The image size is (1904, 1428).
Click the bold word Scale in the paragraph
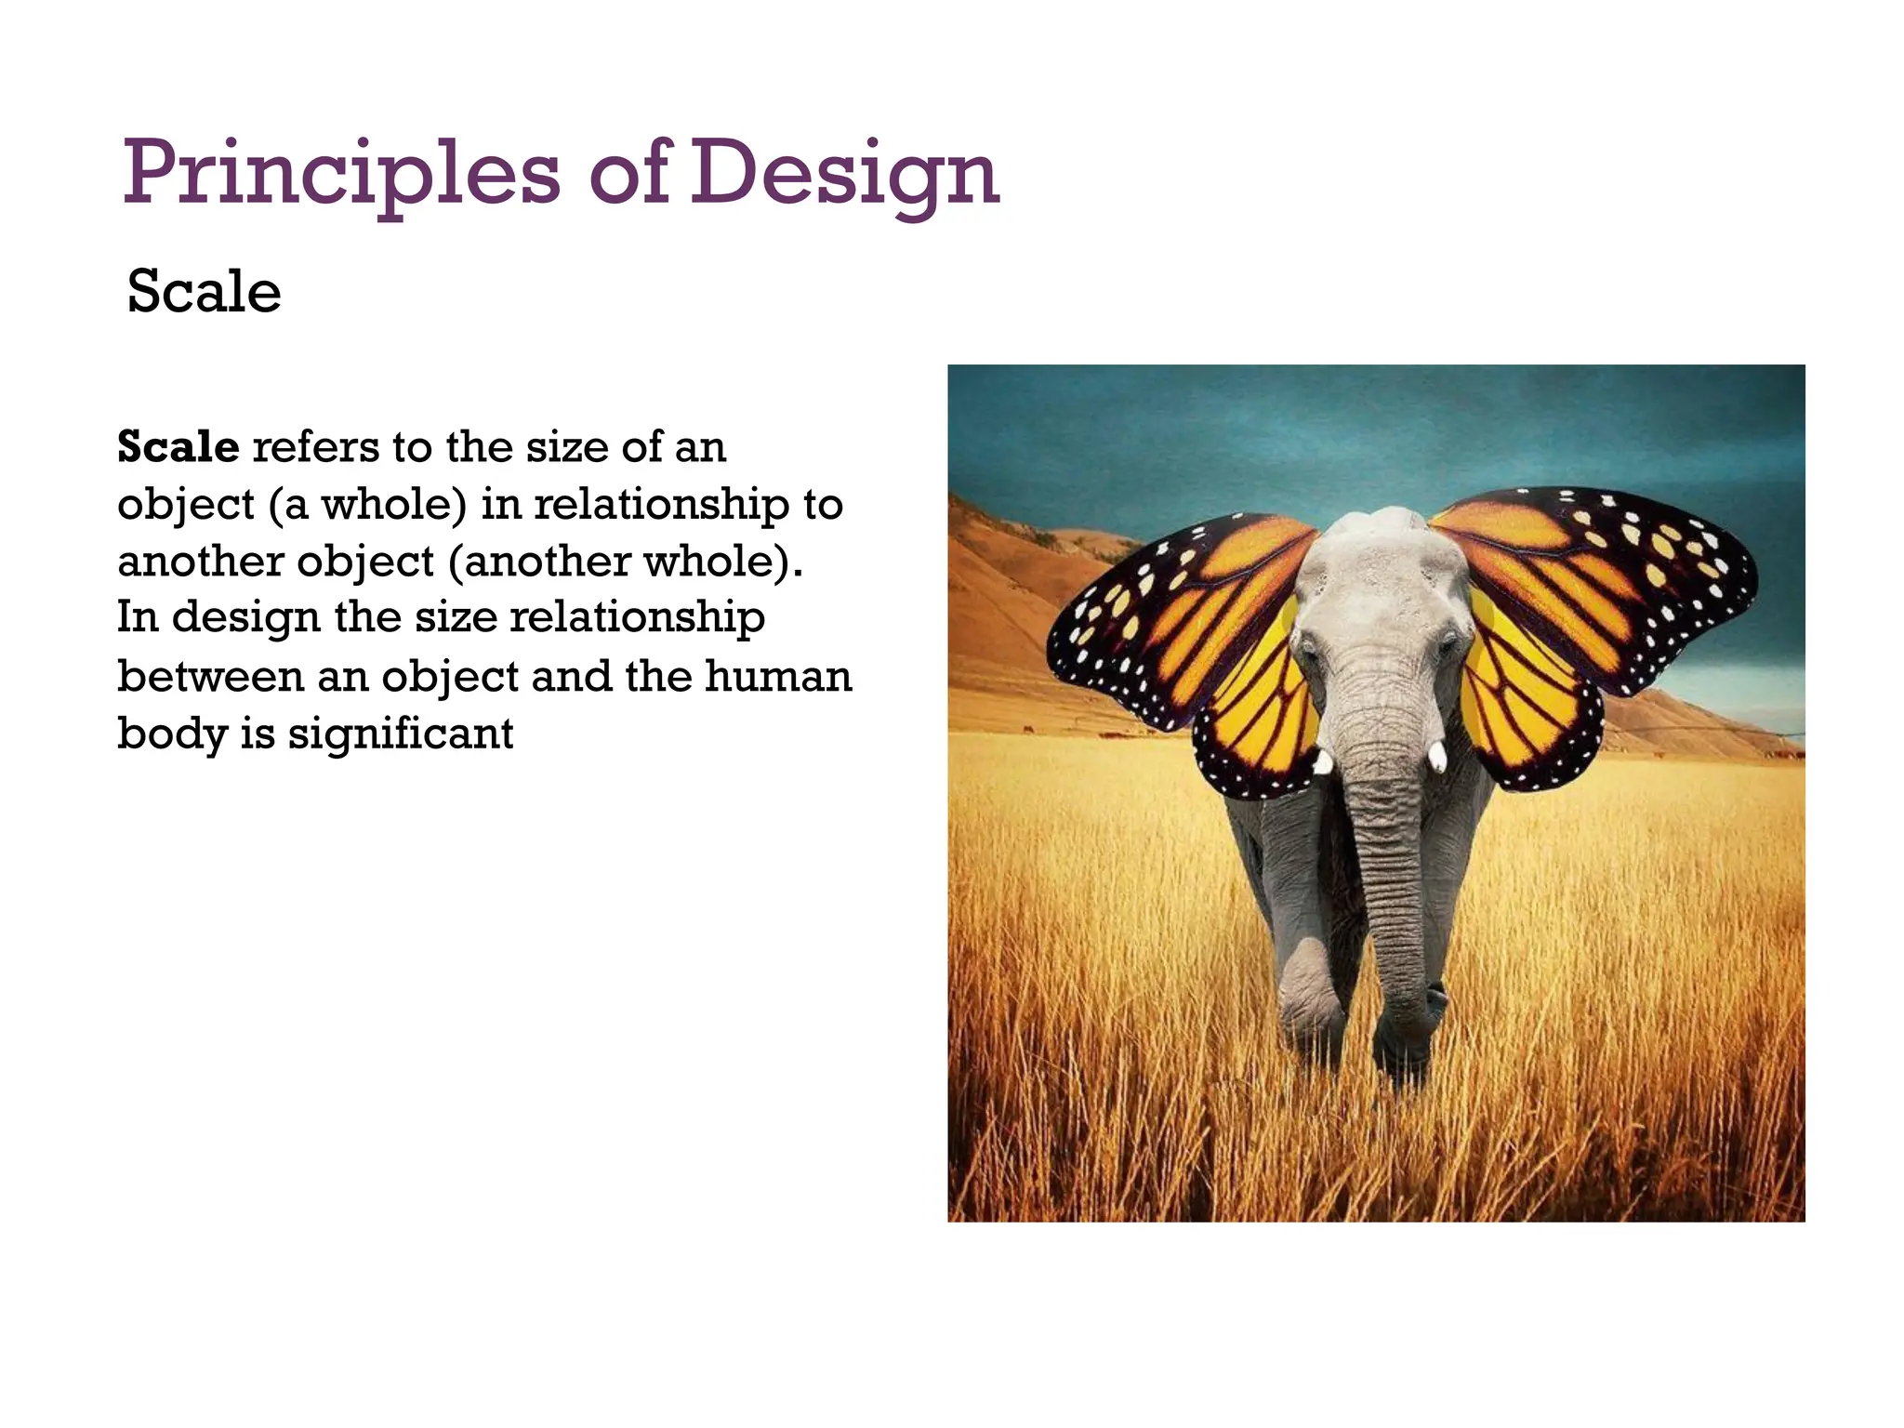pos(178,447)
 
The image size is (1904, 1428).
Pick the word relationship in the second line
pos(661,504)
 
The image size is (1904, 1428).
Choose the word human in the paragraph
pos(777,676)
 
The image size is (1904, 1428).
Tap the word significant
pos(400,733)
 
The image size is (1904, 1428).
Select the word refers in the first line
pos(316,447)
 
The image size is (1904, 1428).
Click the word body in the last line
pos(172,733)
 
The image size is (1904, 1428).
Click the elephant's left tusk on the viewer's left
pos(1323,761)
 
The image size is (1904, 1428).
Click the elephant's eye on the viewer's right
pos(1447,641)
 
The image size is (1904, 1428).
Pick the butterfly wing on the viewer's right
pos(1580,614)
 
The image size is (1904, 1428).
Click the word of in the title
pos(628,174)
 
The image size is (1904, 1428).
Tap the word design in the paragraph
pos(245,617)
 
